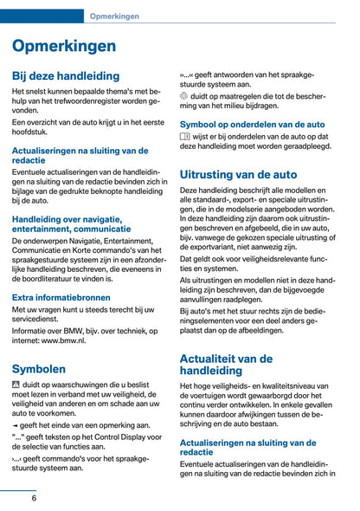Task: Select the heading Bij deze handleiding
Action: click(66, 75)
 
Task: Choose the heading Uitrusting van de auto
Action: click(238, 174)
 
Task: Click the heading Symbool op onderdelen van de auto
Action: click(252, 124)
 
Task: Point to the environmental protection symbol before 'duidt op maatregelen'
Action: click(184, 96)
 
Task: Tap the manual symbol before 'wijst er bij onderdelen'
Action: click(185, 137)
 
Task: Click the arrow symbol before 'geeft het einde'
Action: click(16, 425)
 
